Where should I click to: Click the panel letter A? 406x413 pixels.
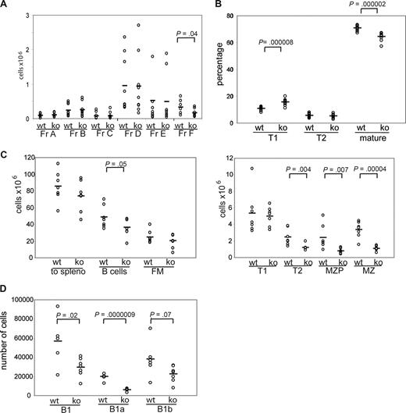pos(5,7)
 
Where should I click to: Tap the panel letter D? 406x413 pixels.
pos(5,291)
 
